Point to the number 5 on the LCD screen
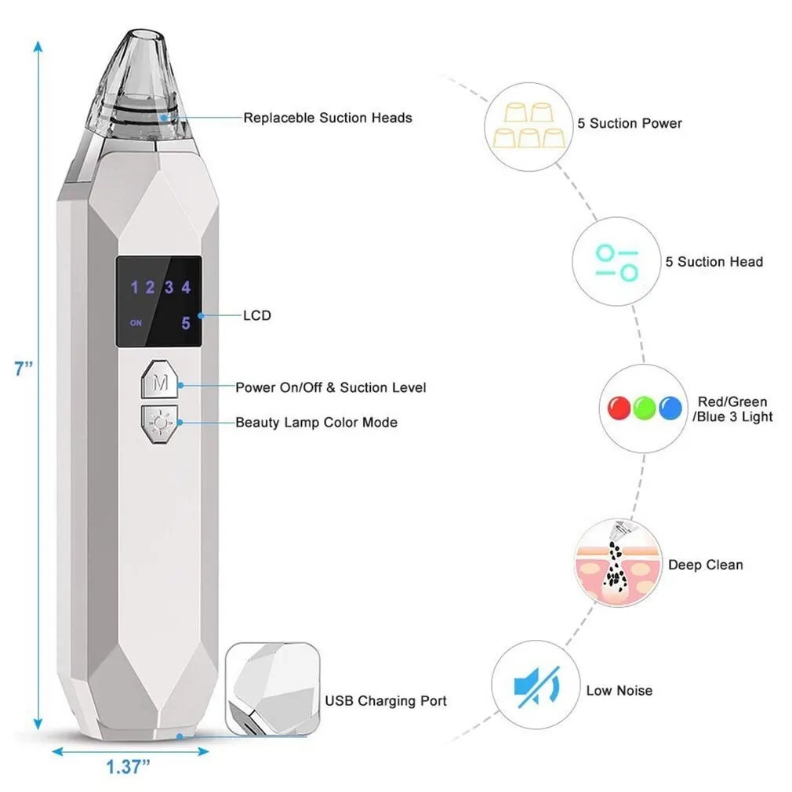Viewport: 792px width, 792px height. pyautogui.click(x=186, y=322)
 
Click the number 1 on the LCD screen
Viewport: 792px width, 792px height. pyautogui.click(x=134, y=287)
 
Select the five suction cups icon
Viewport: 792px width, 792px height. pyautogui.click(x=529, y=123)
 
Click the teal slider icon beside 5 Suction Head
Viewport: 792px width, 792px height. pyautogui.click(x=616, y=262)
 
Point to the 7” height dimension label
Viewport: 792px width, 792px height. pyautogui.click(x=23, y=369)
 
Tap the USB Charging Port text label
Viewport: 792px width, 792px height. pyautogui.click(x=386, y=701)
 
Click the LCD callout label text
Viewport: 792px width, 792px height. pyautogui.click(x=256, y=315)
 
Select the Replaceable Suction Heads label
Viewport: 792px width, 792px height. pyautogui.click(x=327, y=118)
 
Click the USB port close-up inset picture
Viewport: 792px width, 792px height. pyautogui.click(x=271, y=687)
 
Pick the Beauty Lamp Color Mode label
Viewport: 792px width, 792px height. pyautogui.click(x=316, y=423)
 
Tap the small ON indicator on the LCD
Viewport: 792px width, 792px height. pyautogui.click(x=136, y=322)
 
